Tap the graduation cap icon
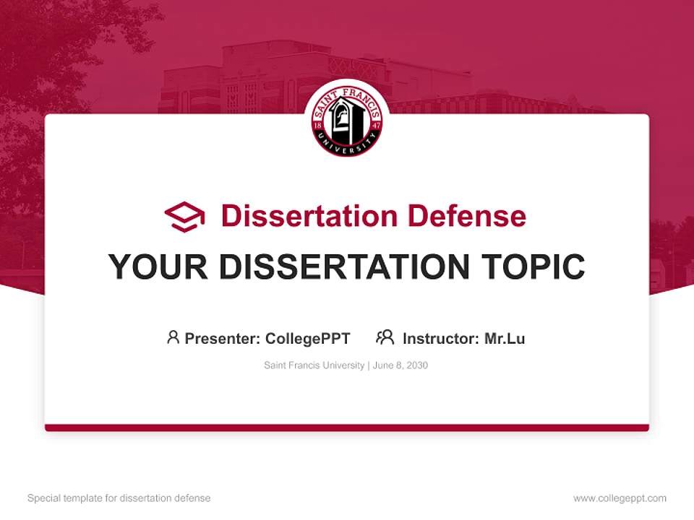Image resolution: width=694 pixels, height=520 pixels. (184, 216)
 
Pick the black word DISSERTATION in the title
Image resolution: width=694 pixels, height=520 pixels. (344, 267)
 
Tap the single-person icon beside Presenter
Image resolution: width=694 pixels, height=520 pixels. (173, 337)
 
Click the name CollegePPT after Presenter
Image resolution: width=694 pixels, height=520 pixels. (307, 338)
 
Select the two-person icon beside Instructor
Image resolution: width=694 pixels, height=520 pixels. (385, 337)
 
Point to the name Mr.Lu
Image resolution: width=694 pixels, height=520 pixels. (505, 338)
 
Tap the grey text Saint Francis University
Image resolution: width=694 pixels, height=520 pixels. (314, 365)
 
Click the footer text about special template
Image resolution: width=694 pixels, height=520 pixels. (119, 498)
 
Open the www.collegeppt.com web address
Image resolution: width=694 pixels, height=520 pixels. (620, 498)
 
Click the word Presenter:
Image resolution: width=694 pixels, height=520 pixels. (223, 338)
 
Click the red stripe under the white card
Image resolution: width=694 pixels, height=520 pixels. (347, 428)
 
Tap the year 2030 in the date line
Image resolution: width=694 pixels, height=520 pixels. (417, 365)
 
